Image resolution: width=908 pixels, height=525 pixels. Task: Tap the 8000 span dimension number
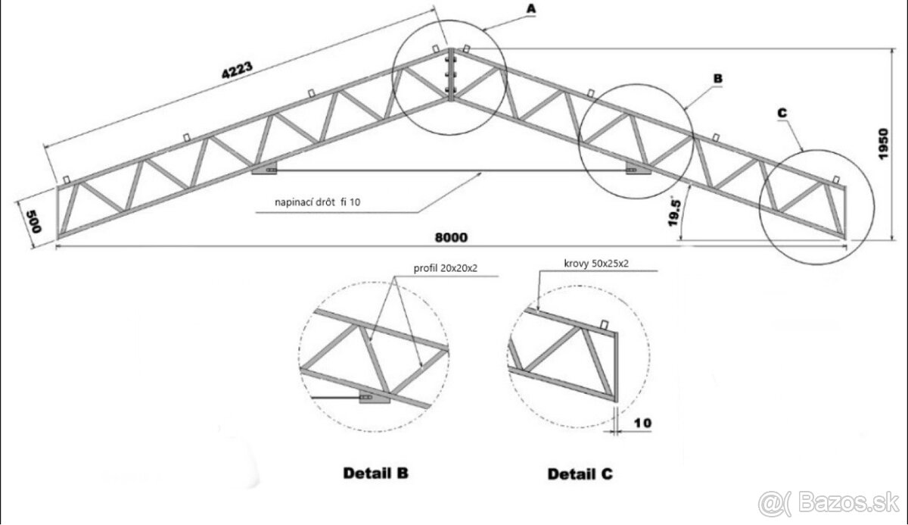[x=451, y=236]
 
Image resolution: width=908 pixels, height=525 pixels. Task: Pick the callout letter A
[x=530, y=8]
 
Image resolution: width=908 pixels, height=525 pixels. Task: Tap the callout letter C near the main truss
[x=782, y=113]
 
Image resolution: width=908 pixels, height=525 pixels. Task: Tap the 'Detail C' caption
[x=580, y=474]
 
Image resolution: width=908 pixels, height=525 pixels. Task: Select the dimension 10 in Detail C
[x=642, y=422]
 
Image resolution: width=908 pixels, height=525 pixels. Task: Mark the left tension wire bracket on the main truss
[x=264, y=170]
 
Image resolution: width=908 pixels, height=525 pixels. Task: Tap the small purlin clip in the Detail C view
[x=603, y=325]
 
